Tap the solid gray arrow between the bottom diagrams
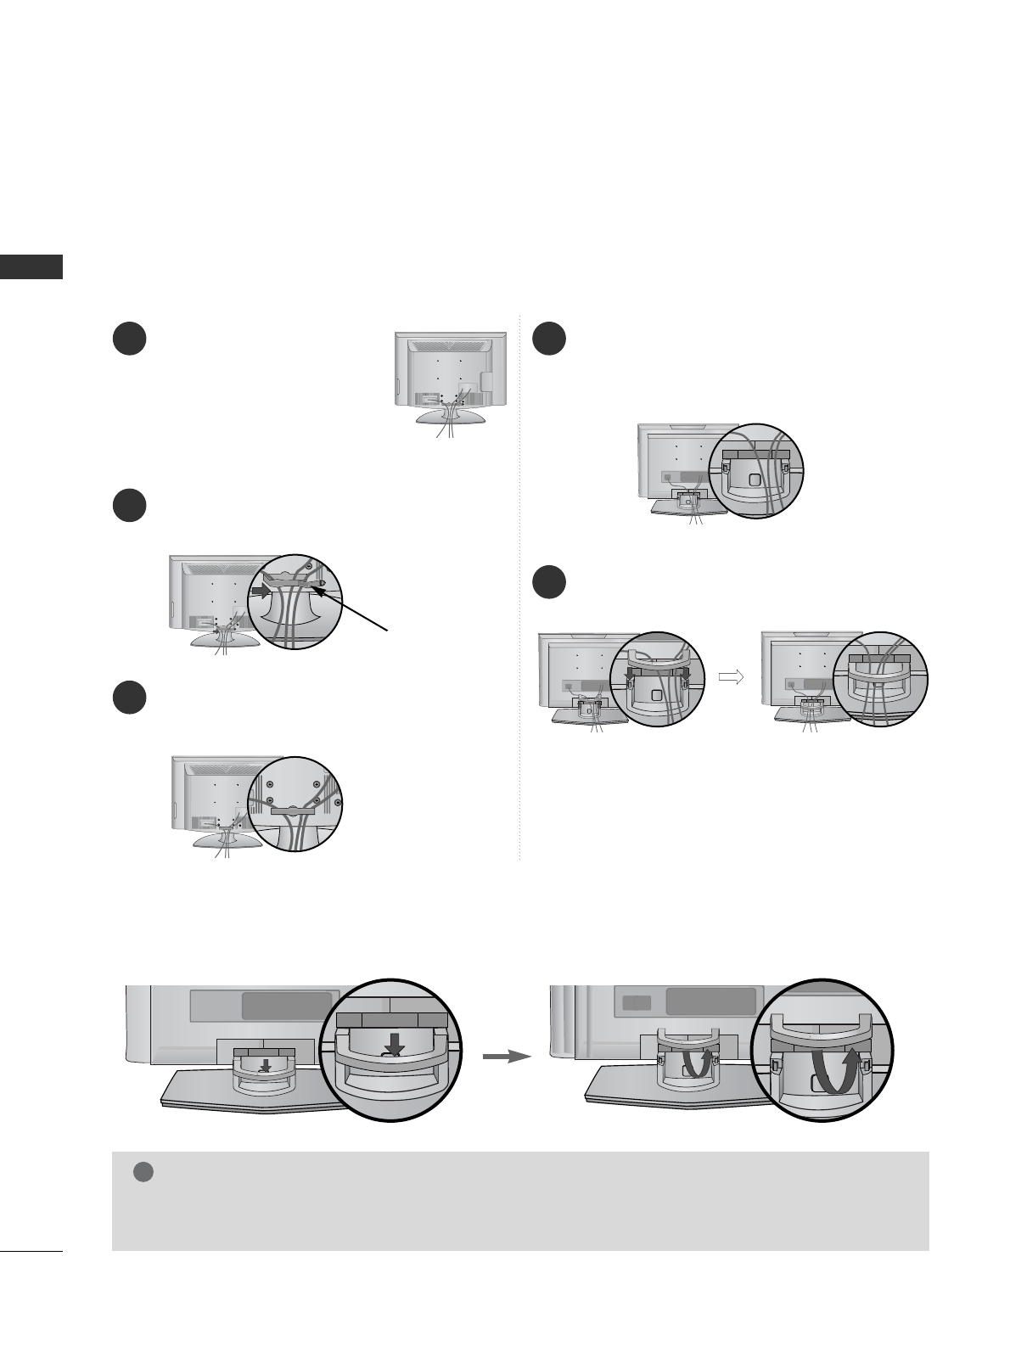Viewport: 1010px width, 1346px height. (506, 1057)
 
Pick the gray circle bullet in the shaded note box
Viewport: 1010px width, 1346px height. (142, 1172)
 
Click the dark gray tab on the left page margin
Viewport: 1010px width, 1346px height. (31, 266)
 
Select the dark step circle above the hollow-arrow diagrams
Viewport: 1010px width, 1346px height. (549, 585)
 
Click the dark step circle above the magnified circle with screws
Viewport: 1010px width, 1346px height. (129, 697)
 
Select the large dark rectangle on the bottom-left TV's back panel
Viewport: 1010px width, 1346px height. (286, 1006)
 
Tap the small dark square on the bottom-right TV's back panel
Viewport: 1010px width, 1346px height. (637, 1002)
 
